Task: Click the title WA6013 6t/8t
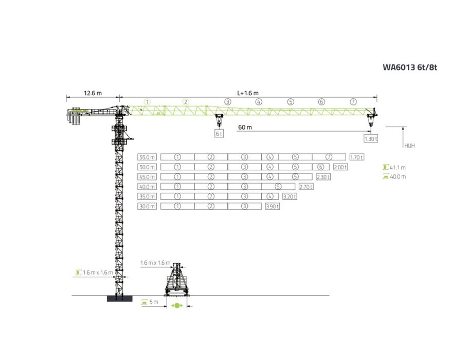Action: point(412,67)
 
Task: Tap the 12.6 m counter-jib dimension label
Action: point(93,93)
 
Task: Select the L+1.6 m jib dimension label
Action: point(245,93)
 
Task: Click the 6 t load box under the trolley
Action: point(220,133)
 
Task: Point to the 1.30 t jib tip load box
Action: point(370,139)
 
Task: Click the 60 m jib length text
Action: point(245,127)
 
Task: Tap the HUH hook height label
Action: point(409,146)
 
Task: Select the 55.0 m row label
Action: point(147,157)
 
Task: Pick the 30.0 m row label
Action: point(147,206)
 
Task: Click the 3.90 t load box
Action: point(273,206)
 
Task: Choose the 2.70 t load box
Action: point(307,187)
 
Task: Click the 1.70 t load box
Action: point(356,157)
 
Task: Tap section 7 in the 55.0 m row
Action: point(329,157)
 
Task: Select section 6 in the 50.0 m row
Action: point(320,167)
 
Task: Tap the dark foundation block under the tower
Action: point(119,299)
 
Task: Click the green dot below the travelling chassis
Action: point(177,305)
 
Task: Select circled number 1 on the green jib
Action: point(147,102)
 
